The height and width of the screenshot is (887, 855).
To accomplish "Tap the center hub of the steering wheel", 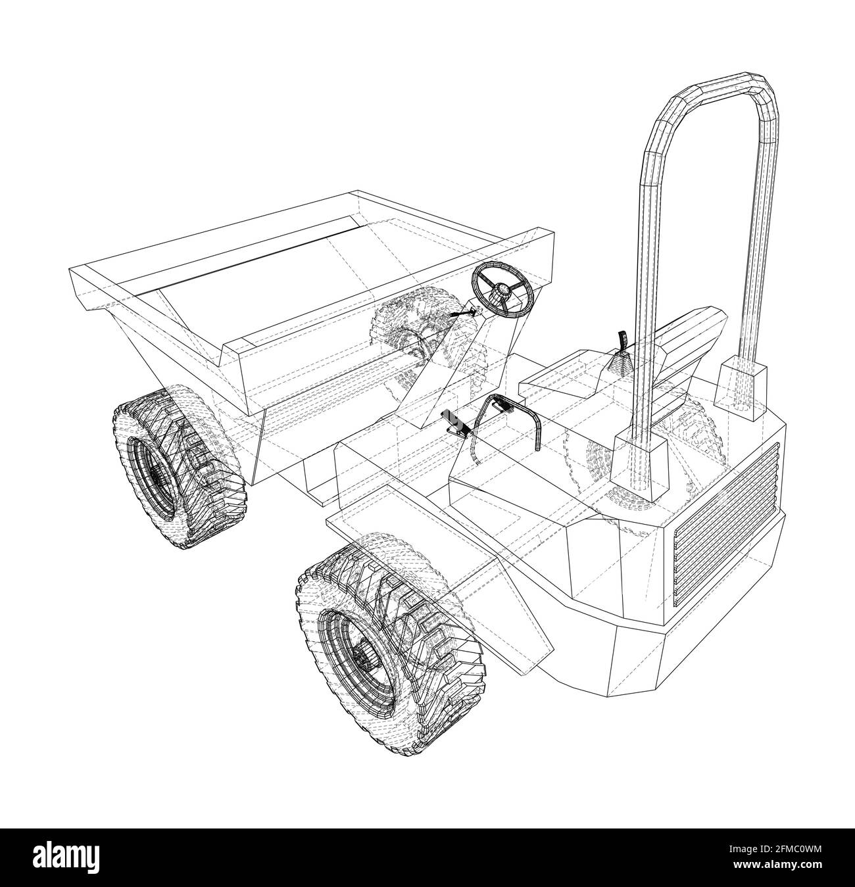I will pyautogui.click(x=502, y=289).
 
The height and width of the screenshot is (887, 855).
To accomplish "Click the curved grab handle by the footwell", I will pyautogui.click(x=506, y=414).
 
